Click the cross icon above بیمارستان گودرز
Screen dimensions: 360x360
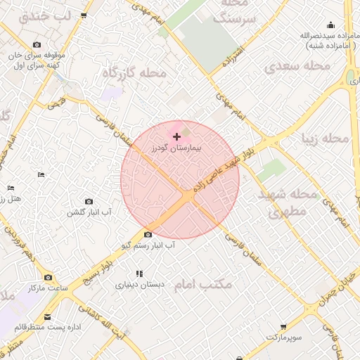coord(176,136)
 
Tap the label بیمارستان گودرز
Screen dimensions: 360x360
coord(176,149)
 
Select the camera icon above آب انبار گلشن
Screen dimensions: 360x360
coord(88,202)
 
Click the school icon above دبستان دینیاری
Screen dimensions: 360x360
coord(139,274)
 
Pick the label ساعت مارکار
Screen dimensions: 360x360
coord(46,289)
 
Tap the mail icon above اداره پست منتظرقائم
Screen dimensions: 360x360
coord(48,317)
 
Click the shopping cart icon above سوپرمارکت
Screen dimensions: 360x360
coord(283,327)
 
